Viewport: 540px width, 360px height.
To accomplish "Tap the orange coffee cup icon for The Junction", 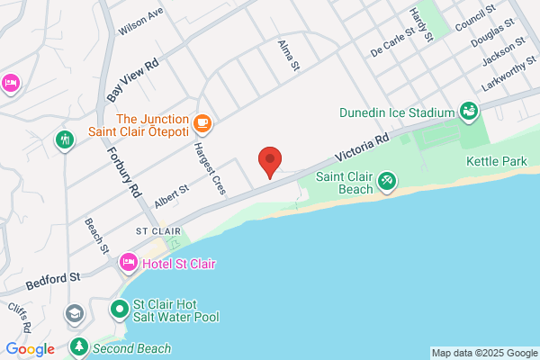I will [x=202, y=121].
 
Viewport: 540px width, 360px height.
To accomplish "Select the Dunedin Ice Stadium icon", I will [x=468, y=112].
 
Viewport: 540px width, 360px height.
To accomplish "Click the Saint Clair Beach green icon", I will [x=386, y=181].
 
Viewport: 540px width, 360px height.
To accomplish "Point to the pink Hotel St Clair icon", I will [x=129, y=264].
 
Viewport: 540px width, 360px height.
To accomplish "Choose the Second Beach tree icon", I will [x=80, y=346].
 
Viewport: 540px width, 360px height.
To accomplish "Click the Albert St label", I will [x=170, y=198].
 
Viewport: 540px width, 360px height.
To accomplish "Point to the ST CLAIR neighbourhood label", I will [x=153, y=231].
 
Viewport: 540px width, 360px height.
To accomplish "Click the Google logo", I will [x=30, y=349].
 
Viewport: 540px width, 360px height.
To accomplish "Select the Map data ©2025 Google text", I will [x=481, y=352].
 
